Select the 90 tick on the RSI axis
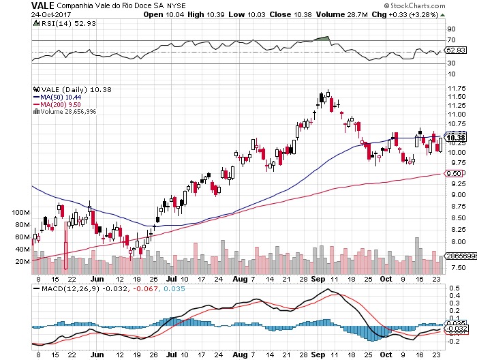tap(450, 29)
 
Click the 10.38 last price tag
tap(455, 138)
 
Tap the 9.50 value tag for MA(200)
tap(454, 174)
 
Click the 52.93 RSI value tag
tap(455, 50)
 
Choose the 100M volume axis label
tap(22, 213)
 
